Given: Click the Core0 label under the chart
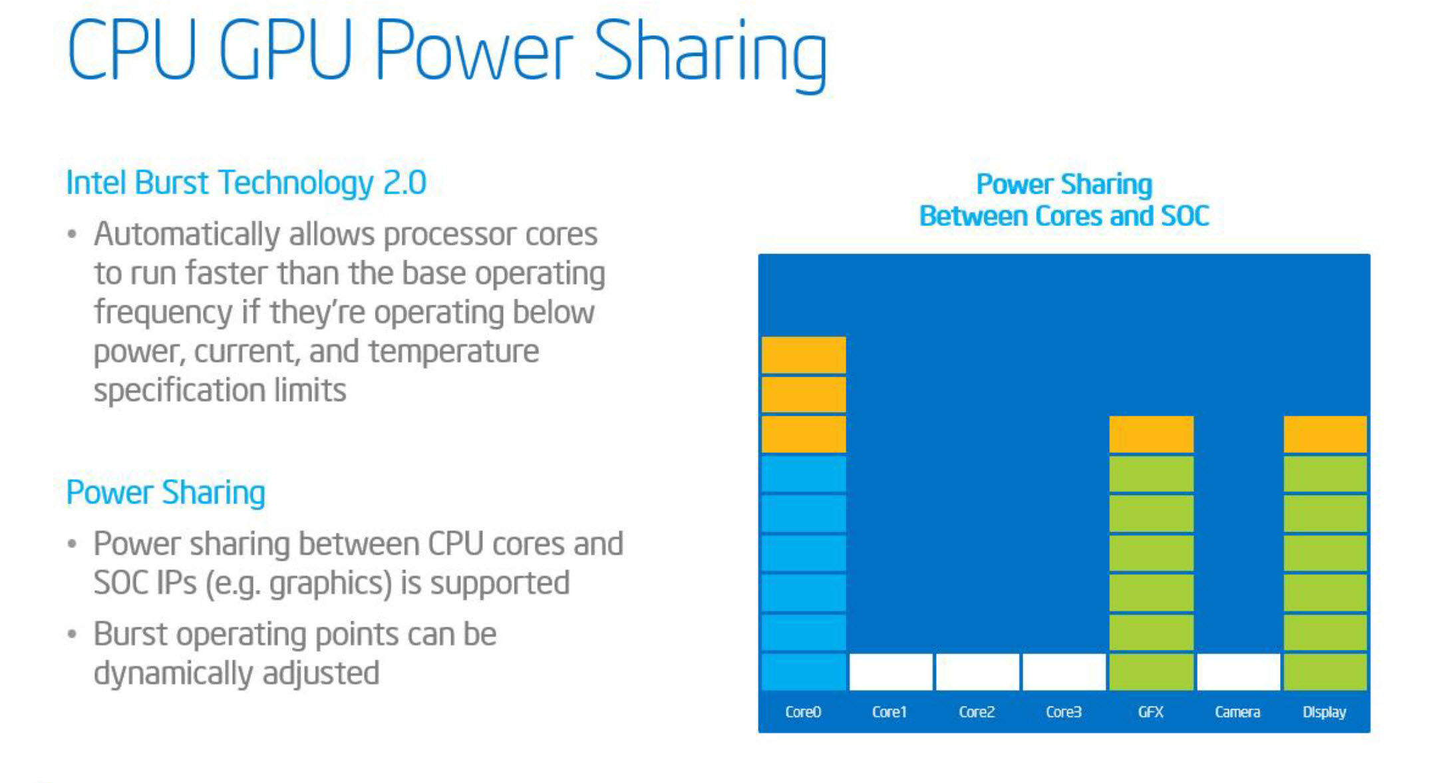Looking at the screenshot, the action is pos(803,712).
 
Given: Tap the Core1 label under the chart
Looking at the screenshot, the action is pos(889,712).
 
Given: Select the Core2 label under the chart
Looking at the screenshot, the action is pos(977,712).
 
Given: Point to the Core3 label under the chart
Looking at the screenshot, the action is pos(1064,712).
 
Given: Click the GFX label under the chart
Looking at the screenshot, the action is pos(1151,712).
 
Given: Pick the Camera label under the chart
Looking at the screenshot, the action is pos(1237,712).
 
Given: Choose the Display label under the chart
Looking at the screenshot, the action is pos(1325,712).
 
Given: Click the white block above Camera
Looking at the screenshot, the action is pos(1238,672).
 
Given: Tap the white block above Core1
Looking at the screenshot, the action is pos(891,672).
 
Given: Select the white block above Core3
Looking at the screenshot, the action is pos(1064,672).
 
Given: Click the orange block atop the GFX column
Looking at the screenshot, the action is pos(1151,434).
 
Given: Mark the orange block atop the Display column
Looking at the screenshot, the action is pos(1325,434).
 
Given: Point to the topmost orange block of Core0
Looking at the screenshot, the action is pos(804,355).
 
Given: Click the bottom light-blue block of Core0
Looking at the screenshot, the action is pos(804,672).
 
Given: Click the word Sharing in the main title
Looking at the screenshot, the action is pos(710,54).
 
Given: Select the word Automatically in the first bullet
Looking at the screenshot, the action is pos(187,235).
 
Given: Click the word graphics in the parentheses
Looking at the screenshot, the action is pos(331,584).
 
